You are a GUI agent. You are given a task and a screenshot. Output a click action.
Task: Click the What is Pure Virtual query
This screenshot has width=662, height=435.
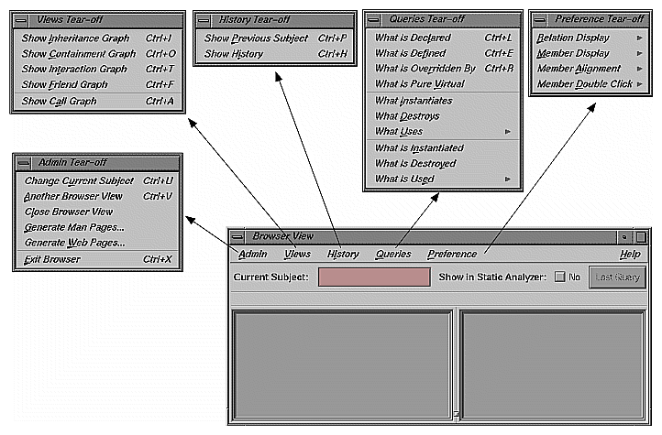point(419,84)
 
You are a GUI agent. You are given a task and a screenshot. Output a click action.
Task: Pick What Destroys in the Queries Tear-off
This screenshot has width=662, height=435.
point(407,116)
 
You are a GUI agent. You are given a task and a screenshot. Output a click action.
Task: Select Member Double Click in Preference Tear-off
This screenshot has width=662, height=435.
point(584,84)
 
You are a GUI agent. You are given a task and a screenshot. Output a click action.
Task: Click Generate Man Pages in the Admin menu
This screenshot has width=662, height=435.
point(74,227)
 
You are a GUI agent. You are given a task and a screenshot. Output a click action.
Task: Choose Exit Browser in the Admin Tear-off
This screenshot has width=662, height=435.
point(52,259)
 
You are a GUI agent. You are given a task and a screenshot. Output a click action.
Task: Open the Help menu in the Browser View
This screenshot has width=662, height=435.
point(630,254)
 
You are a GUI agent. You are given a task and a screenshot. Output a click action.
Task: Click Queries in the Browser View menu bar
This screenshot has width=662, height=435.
point(393,254)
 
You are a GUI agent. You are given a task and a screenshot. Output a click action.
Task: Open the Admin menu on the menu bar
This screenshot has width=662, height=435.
point(252,254)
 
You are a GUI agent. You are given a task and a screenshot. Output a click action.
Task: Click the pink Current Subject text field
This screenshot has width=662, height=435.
point(374,277)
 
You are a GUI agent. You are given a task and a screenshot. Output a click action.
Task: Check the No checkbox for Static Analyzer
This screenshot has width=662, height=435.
point(560,277)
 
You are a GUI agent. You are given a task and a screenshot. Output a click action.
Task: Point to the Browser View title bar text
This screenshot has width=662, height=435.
point(284,235)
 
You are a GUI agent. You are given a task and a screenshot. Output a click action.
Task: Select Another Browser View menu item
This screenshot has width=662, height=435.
point(73,196)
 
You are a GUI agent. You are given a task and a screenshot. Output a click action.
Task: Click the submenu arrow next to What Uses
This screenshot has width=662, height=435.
point(508,132)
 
